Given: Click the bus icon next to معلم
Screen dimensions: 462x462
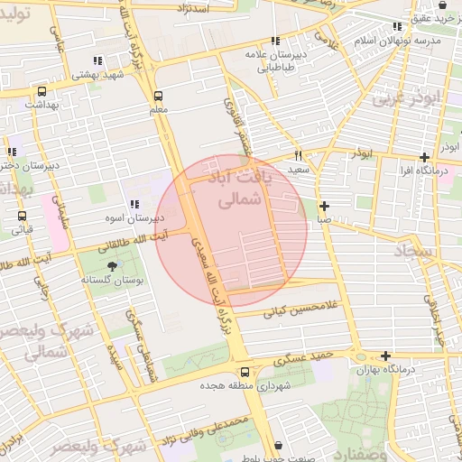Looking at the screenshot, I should [x=159, y=96].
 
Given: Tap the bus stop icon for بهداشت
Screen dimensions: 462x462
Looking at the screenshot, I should [x=42, y=91].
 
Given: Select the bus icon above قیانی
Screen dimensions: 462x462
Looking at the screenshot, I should [x=22, y=216].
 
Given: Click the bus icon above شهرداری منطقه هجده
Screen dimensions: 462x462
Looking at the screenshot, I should [x=245, y=372].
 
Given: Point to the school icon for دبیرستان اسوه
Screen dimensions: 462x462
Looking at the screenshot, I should [x=134, y=205].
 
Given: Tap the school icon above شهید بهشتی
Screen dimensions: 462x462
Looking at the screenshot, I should [x=97, y=61].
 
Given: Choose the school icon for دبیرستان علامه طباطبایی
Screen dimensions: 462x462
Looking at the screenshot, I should [x=274, y=41].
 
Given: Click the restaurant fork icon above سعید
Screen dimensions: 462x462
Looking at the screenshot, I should [x=299, y=155].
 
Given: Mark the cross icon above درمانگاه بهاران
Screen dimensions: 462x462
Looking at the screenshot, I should [x=386, y=356].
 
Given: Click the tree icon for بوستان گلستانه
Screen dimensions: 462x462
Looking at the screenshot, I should [x=112, y=266].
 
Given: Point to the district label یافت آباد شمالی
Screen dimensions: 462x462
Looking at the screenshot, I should [x=240, y=189].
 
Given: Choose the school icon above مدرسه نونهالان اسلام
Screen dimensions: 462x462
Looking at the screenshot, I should [x=397, y=27].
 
